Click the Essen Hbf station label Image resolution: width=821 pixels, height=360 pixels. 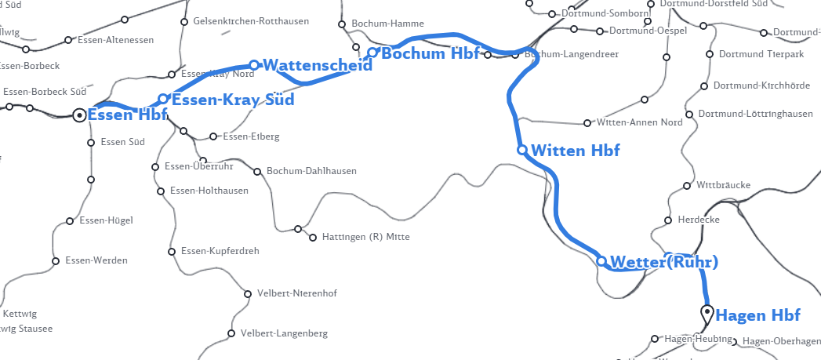[x=127, y=115]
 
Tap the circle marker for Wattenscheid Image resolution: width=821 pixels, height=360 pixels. [x=254, y=65]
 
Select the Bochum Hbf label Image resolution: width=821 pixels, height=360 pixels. [x=430, y=54]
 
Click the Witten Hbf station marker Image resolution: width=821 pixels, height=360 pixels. [x=522, y=149]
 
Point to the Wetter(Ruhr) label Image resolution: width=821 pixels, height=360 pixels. [x=663, y=261]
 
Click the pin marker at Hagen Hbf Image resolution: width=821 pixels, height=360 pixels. [x=707, y=314]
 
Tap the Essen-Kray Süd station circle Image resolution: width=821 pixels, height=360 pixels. [x=163, y=99]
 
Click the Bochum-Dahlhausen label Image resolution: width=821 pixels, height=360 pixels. [x=311, y=171]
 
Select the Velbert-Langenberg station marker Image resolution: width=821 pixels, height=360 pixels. [x=231, y=333]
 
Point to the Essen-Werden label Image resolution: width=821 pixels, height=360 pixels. [x=96, y=260]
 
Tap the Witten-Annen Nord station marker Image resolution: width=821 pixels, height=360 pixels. [x=587, y=123]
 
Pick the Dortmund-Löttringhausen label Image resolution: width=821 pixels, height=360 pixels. [x=755, y=114]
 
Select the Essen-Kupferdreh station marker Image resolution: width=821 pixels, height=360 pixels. [x=172, y=252]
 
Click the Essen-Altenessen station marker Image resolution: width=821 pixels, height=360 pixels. [x=68, y=40]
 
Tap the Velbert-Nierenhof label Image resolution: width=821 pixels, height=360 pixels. [x=296, y=294]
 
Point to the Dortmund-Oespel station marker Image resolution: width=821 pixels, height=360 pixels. [x=600, y=31]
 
